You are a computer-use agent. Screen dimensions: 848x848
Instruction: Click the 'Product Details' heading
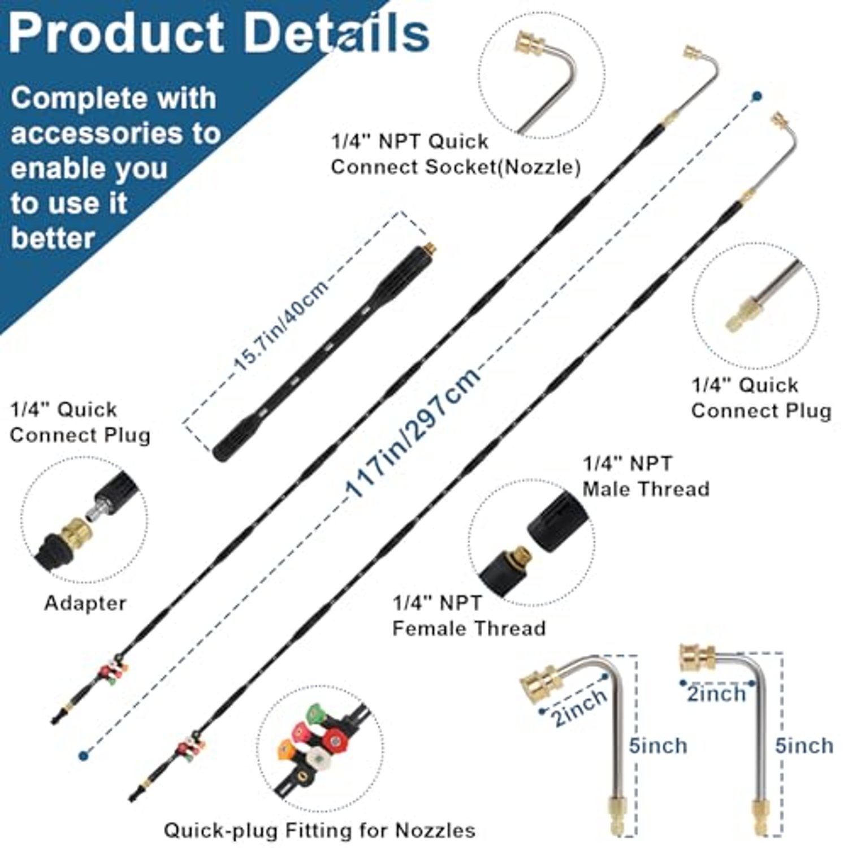pos(219,33)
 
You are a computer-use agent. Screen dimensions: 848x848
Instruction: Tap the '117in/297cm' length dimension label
pos(413,432)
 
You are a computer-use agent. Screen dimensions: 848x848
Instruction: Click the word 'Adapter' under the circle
pos(85,603)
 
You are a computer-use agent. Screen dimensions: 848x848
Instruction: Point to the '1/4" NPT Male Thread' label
pos(646,476)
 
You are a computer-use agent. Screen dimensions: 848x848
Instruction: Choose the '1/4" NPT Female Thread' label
pos(469,616)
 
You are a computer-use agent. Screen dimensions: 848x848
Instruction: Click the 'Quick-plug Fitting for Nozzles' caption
pos(319,830)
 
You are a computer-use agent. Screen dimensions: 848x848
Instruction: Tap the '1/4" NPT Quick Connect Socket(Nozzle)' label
pos(456,154)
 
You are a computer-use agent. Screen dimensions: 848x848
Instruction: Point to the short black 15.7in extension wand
pos(326,352)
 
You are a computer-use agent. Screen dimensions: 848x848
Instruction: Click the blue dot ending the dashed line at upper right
pos(756,97)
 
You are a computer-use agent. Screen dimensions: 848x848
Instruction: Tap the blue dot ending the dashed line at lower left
pos(84,754)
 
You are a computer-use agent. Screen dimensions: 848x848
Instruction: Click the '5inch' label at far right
pos(804,746)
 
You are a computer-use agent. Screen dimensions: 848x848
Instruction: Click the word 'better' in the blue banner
pos(53,238)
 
